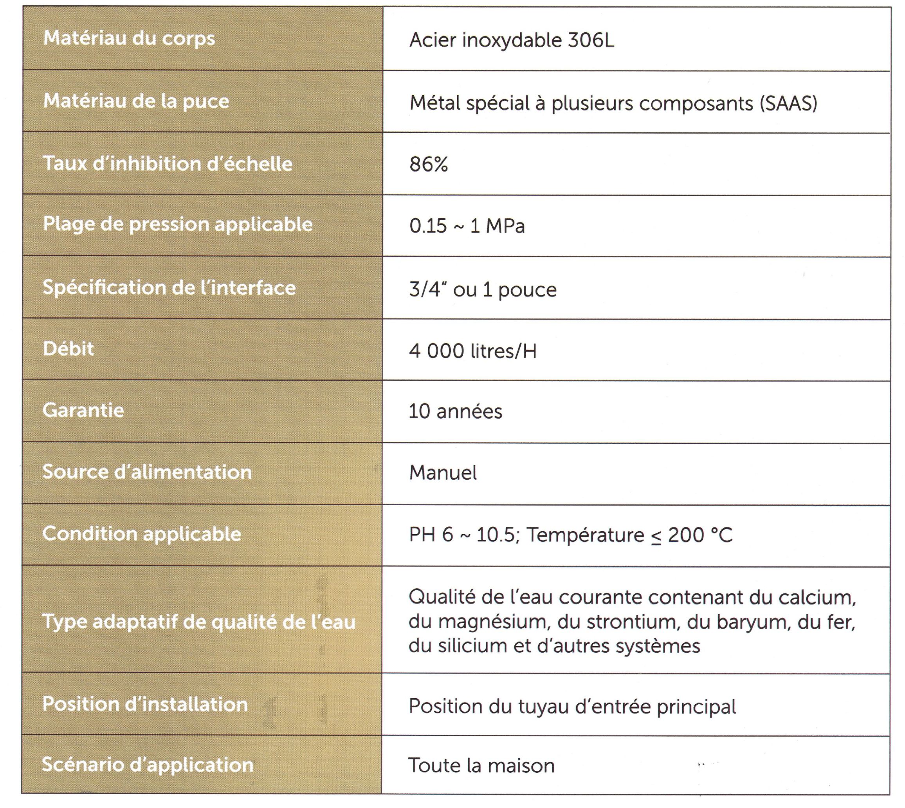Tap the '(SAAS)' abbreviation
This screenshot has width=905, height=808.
(x=788, y=103)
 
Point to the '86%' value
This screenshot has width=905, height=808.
(x=428, y=164)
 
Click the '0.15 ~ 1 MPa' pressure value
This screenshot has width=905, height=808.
(x=467, y=226)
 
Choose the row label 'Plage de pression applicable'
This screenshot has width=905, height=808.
(x=177, y=224)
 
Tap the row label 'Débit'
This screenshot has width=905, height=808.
(x=69, y=349)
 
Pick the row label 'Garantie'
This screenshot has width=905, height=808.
(x=83, y=410)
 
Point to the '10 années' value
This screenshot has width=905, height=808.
(x=455, y=412)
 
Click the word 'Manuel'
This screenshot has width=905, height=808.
(x=443, y=473)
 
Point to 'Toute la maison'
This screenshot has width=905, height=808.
(x=481, y=766)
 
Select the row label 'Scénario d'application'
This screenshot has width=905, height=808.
(x=147, y=765)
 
